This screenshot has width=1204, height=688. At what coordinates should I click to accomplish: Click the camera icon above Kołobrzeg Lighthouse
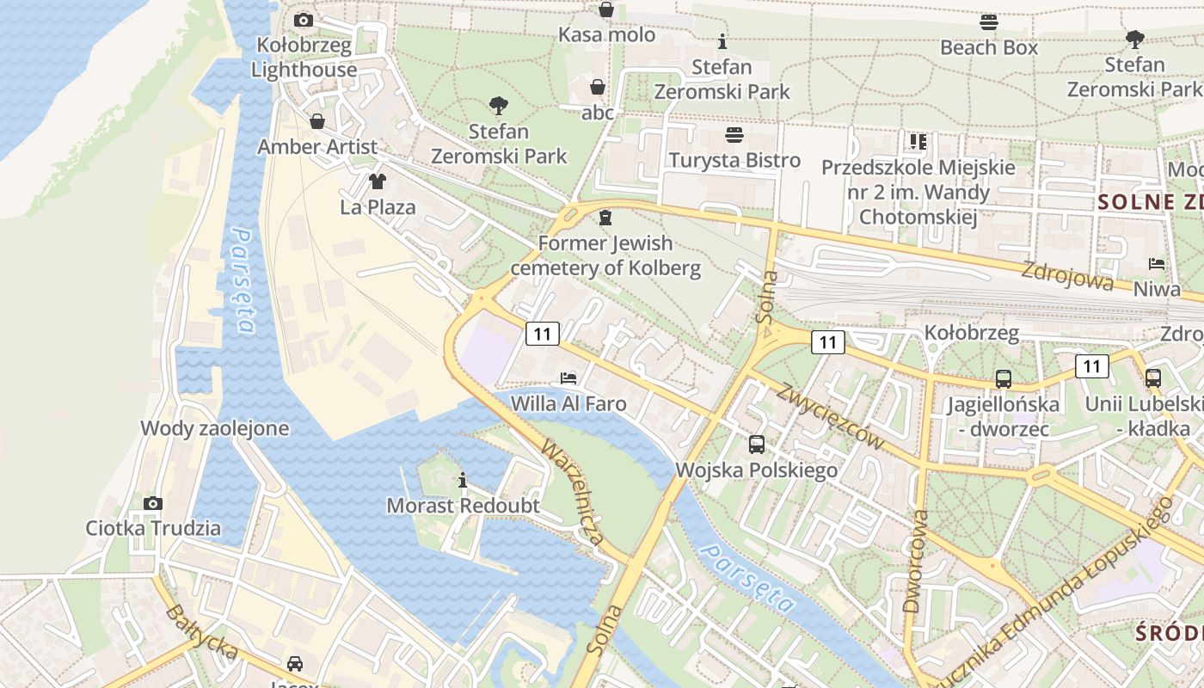[304, 20]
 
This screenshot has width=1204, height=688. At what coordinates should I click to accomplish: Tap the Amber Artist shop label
[317, 147]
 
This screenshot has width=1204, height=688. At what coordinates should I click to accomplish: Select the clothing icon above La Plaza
[378, 181]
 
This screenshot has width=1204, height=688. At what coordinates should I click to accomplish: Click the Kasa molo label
[606, 35]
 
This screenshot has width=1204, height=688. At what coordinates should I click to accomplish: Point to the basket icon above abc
[598, 88]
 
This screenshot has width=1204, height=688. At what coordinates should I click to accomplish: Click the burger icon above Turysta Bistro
[734, 135]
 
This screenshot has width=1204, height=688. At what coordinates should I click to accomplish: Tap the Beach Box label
[989, 48]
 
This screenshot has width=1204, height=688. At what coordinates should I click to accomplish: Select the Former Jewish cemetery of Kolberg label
[605, 255]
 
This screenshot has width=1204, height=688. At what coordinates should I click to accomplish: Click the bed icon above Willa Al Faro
[568, 378]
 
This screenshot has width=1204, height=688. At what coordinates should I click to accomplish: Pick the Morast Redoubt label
[463, 506]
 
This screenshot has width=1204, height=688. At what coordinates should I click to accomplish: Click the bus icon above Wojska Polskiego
[757, 445]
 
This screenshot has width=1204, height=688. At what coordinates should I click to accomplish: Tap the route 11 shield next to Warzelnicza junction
[543, 334]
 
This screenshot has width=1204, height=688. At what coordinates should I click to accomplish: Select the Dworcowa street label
[916, 561]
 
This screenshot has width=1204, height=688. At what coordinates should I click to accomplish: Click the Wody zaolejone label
[214, 428]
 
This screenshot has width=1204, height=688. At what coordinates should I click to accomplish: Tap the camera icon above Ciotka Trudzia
[153, 503]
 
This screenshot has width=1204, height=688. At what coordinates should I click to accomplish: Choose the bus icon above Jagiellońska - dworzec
[1003, 378]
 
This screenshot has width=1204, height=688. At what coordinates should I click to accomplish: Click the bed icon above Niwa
[1157, 264]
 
